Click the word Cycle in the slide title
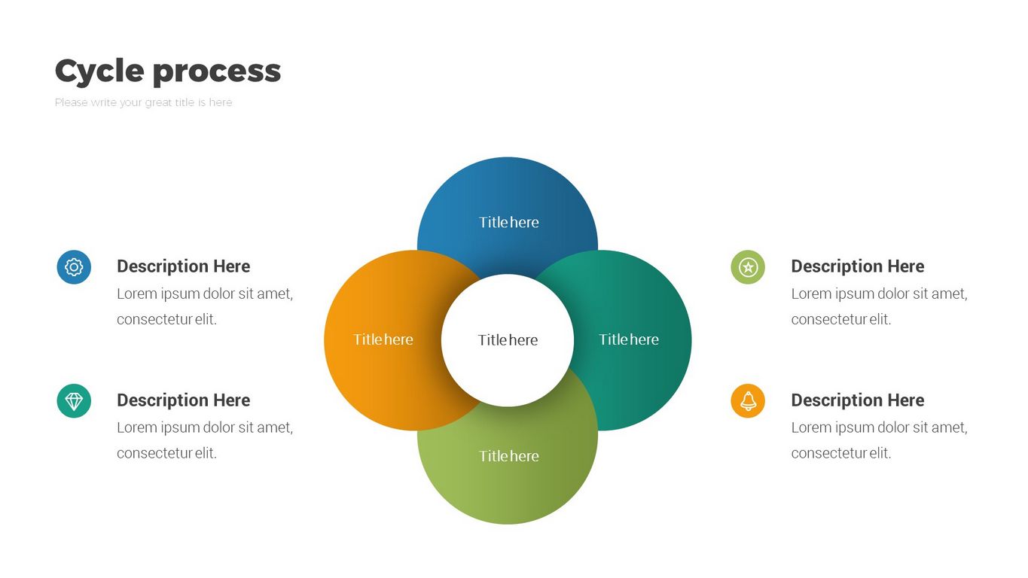(99, 71)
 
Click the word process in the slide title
(216, 72)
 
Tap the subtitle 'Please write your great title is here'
(143, 102)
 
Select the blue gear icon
(74, 267)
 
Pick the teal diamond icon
(74, 401)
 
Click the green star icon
(748, 267)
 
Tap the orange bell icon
(748, 401)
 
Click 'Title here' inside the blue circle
(508, 222)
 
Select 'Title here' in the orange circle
(383, 339)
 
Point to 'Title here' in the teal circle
(628, 339)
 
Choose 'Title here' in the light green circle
(508, 456)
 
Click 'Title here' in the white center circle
(508, 340)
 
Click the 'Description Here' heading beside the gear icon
(183, 266)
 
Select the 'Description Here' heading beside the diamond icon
(183, 400)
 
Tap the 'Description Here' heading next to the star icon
(857, 266)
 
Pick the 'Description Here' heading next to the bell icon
(857, 400)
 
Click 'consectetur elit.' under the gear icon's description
(166, 319)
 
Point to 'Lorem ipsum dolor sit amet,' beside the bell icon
(879, 427)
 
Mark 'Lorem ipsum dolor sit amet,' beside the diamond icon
(205, 427)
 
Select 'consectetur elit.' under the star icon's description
(840, 319)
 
